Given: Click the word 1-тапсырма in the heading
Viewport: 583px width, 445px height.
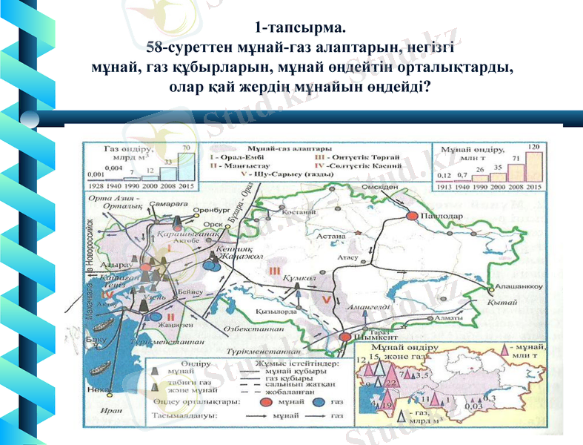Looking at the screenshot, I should tap(299, 29).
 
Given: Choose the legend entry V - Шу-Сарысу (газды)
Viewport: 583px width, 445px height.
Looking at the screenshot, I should tap(289, 176).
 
